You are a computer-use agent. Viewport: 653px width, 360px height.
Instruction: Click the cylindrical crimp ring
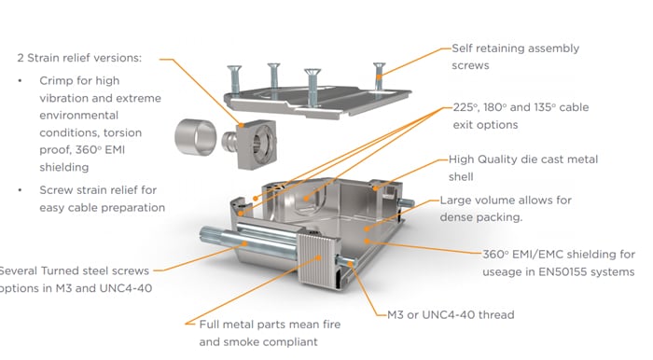pyautogui.click(x=196, y=137)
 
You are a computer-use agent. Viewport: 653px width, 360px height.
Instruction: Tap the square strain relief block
pyautogui.click(x=251, y=144)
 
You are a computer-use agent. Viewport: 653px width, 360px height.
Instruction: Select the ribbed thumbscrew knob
pyautogui.click(x=319, y=259)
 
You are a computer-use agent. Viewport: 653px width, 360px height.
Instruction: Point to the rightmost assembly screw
pyautogui.click(x=379, y=76)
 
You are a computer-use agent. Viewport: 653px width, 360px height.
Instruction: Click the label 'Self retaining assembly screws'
pyautogui.click(x=515, y=57)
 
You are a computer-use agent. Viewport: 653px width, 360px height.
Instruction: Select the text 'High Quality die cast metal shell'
pyautogui.click(x=523, y=168)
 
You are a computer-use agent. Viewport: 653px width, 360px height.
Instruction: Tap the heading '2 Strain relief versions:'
pyautogui.click(x=79, y=58)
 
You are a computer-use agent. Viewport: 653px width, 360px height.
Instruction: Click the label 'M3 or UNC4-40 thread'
pyautogui.click(x=451, y=314)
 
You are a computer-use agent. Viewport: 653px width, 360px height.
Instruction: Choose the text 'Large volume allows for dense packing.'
pyautogui.click(x=506, y=209)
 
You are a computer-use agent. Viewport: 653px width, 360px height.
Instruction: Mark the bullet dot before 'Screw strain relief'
pyautogui.click(x=20, y=189)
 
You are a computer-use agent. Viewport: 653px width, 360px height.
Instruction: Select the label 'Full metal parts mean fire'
pyautogui.click(x=270, y=325)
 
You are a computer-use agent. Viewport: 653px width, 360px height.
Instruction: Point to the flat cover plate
pyautogui.click(x=317, y=101)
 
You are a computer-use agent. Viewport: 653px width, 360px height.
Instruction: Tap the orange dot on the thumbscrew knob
pyautogui.click(x=319, y=257)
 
